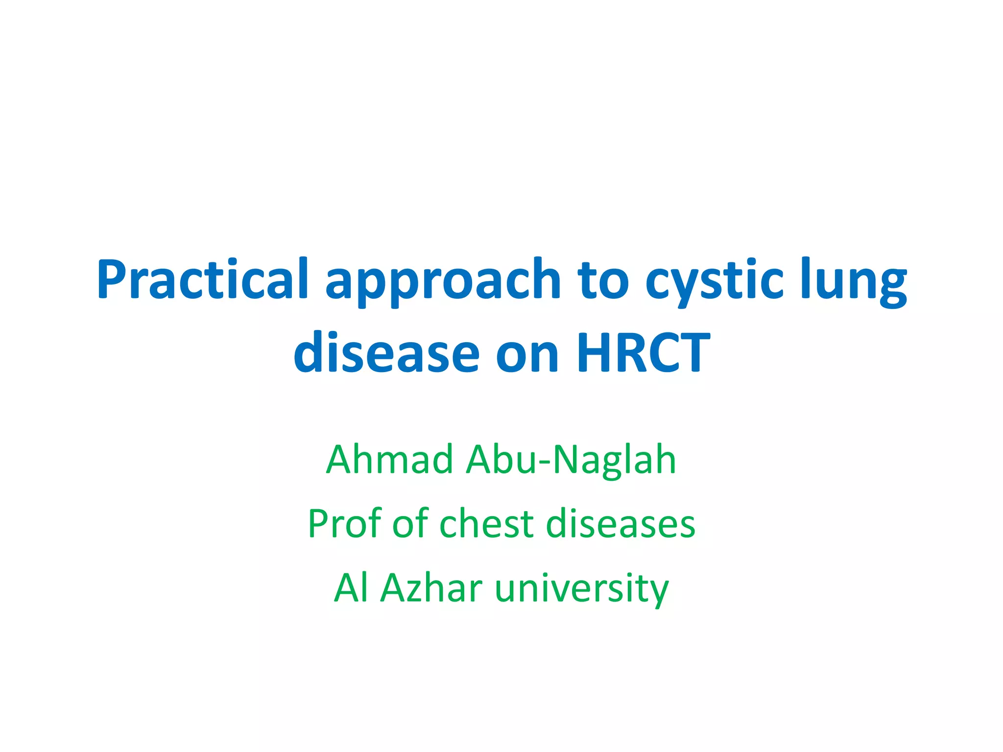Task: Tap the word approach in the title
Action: [443, 282]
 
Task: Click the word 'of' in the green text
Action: [410, 523]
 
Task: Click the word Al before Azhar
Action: [351, 587]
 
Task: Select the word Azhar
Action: [431, 587]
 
